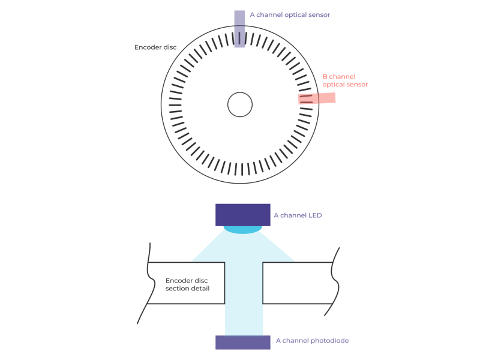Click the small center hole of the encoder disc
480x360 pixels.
pos(240,105)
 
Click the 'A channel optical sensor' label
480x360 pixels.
pos(290,14)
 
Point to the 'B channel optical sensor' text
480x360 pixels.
pos(344,80)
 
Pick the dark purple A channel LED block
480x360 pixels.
pos(243,214)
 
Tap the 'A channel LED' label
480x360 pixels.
pos(298,215)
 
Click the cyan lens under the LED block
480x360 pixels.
pos(243,229)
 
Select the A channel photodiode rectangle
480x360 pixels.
pos(243,342)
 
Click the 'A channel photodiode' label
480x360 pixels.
pos(312,341)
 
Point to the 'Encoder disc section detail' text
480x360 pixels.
pos(187,284)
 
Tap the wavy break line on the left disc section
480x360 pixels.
pos(147,282)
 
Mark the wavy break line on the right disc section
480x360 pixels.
pos(336,282)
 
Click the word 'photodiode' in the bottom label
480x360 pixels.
pos(329,341)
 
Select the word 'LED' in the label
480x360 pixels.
pos(315,215)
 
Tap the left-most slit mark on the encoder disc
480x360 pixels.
pos(175,105)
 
